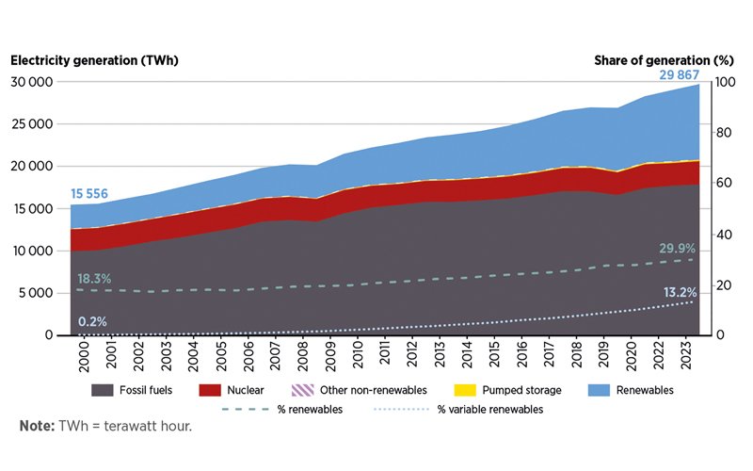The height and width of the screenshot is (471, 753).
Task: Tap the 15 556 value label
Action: pyautogui.click(x=89, y=195)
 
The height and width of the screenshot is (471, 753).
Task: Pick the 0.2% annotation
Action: pyautogui.click(x=92, y=322)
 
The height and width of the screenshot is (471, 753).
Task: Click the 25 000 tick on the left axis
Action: pyautogui.click(x=33, y=124)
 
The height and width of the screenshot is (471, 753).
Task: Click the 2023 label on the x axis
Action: pyautogui.click(x=693, y=356)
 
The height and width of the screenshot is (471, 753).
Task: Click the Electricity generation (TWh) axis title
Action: pyautogui.click(x=94, y=60)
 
